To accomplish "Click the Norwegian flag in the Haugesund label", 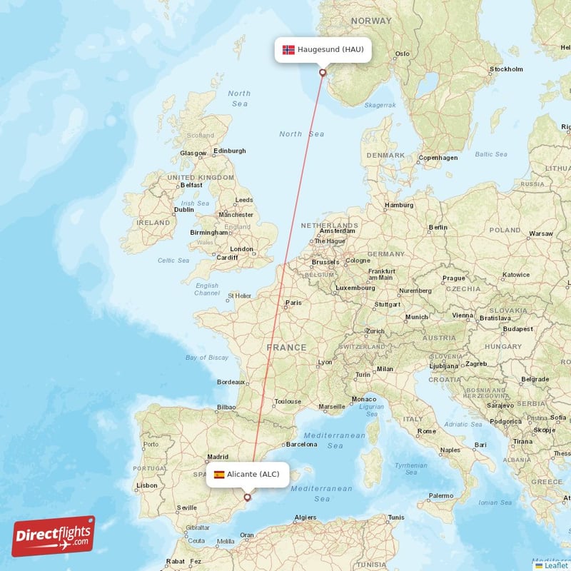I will pyautogui.click(x=288, y=50).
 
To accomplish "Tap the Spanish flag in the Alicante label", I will pyautogui.click(x=218, y=475).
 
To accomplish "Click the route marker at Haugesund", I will pyautogui.click(x=323, y=72).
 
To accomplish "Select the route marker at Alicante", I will pyautogui.click(x=247, y=497).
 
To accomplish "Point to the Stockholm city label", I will pyautogui.click(x=505, y=69).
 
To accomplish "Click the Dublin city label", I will pyautogui.click(x=183, y=210).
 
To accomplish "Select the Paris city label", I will pyautogui.click(x=293, y=303).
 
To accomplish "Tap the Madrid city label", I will pyautogui.click(x=217, y=457).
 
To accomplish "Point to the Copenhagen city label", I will pyautogui.click(x=438, y=158).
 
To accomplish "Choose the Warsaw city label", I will pyautogui.click(x=540, y=233).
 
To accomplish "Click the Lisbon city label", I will pyautogui.click(x=147, y=485).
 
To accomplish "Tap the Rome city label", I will pyautogui.click(x=426, y=431).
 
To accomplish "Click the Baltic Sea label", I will pyautogui.click(x=490, y=153).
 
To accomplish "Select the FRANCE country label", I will pyautogui.click(x=286, y=348).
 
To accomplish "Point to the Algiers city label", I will pyautogui.click(x=305, y=517).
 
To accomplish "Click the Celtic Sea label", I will pyautogui.click(x=174, y=261).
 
